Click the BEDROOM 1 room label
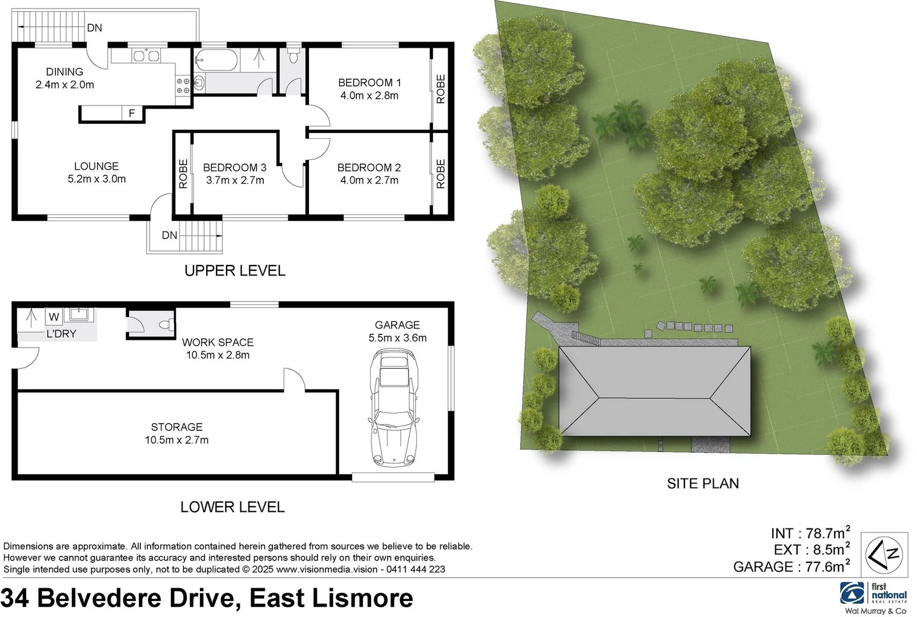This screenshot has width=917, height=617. coord(369,82)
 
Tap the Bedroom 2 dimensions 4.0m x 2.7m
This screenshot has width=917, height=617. coord(369,181)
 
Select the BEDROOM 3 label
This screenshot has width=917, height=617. coord(235,167)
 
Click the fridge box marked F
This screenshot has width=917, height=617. coord(132,113)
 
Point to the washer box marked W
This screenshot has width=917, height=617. coord(54,316)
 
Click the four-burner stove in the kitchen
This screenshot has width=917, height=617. coord(183,86)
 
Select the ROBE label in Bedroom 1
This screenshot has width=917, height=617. coord(440,89)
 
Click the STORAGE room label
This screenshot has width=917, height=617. coord(176,427)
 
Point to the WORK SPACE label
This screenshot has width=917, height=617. coord(218,342)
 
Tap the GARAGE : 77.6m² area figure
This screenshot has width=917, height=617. coord(791,567)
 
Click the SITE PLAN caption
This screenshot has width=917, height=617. coord(703,483)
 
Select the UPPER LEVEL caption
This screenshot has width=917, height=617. coord(235,270)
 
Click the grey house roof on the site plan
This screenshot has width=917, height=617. coord(654,391)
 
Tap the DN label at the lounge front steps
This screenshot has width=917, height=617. coord(170,235)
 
